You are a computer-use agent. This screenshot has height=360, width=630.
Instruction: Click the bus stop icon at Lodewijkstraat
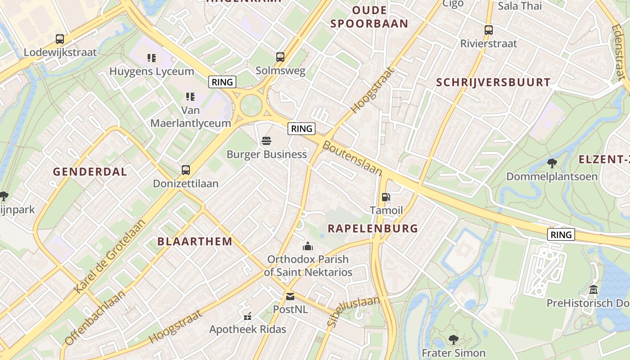click(x=60, y=39)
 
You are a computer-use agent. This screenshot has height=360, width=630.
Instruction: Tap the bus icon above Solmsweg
click(x=280, y=57)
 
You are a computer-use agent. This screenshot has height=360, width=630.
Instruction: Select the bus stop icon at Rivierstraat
click(x=489, y=30)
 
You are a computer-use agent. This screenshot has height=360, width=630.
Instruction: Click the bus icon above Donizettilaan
click(x=186, y=170)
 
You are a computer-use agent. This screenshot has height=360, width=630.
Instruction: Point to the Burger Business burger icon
click(x=266, y=141)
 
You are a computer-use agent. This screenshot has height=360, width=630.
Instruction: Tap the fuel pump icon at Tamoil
click(x=386, y=197)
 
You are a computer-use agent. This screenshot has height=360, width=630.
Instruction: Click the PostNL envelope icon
click(x=290, y=296)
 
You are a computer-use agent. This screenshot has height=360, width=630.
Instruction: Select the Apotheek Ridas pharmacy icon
click(x=247, y=316)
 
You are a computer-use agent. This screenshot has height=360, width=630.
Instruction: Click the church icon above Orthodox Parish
click(x=308, y=246)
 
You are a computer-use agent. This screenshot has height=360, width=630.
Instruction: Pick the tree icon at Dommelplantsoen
click(x=552, y=163)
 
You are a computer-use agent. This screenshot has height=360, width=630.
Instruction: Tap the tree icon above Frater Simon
click(x=453, y=339)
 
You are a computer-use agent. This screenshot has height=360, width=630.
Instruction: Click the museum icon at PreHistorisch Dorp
click(x=593, y=289)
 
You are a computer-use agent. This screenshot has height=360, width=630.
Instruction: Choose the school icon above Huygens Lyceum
click(x=152, y=58)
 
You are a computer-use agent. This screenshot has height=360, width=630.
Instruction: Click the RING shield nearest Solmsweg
click(x=222, y=82)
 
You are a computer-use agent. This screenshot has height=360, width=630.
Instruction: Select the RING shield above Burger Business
click(x=301, y=129)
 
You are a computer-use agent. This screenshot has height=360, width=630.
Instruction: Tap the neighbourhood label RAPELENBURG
click(x=373, y=228)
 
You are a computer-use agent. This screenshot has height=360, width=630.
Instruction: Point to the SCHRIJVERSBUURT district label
click(x=493, y=82)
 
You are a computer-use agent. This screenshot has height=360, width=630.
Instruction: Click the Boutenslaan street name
click(x=353, y=159)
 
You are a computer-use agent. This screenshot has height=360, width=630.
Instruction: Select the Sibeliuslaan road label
click(x=354, y=311)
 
